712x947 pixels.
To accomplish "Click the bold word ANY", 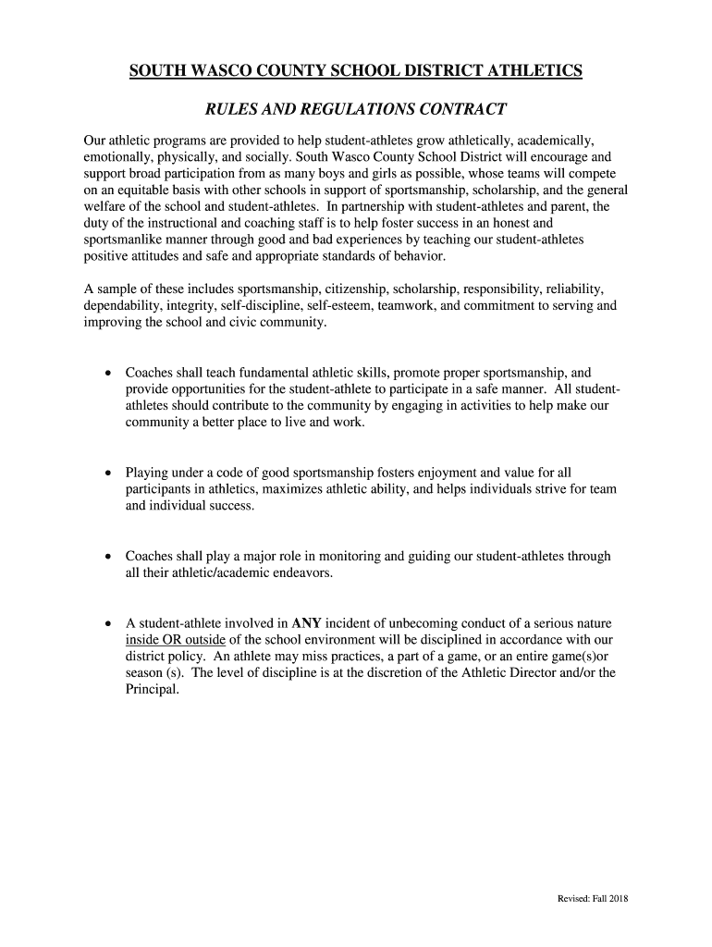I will point(306,623).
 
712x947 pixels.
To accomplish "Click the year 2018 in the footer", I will point(618,899).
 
